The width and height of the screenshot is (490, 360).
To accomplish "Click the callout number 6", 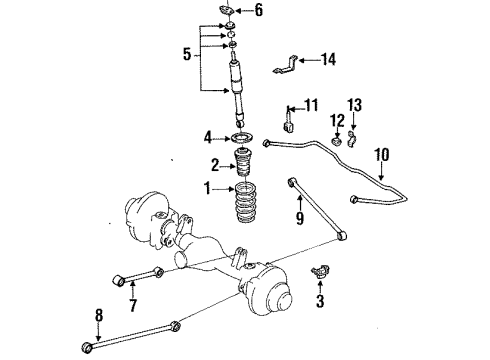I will tap(259, 11).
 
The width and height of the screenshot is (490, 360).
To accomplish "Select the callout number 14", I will tap(329, 60).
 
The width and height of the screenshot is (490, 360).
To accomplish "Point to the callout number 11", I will tap(311, 105).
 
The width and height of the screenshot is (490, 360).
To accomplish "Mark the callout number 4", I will tap(208, 136).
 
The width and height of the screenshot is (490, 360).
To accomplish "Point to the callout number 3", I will tap(319, 300).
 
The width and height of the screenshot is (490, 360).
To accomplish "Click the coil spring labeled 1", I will tap(243, 212).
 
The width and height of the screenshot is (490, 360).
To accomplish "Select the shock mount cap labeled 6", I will tap(230, 12).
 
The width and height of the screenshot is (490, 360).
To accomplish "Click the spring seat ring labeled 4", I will tap(241, 137).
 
